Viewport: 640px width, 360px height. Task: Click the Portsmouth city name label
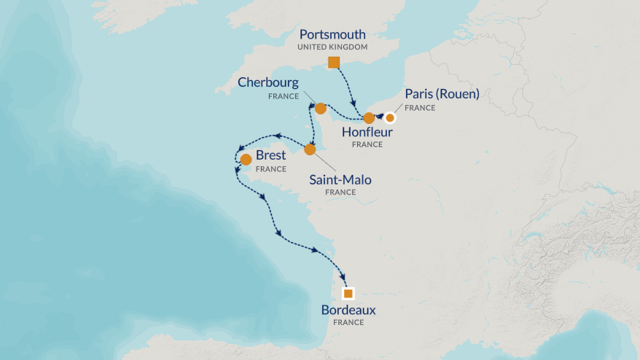[x=332, y=34]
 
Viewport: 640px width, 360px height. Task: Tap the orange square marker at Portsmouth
[x=334, y=62]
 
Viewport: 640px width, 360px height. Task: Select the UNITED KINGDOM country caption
[x=332, y=47]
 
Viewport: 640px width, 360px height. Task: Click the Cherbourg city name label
[x=268, y=82]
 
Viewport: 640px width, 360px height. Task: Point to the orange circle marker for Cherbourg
[x=320, y=109]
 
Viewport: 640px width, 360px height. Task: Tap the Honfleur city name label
[x=367, y=133]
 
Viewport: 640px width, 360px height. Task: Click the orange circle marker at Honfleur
[x=369, y=118]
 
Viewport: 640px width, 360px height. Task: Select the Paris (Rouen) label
[x=442, y=95]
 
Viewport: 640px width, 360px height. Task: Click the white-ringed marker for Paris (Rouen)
[x=390, y=117]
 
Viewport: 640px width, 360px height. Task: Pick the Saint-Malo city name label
[x=340, y=179]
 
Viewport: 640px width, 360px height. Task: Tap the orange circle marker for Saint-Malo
[x=310, y=149]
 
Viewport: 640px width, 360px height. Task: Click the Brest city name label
[x=270, y=156]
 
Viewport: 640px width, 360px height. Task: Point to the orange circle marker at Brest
[x=246, y=159]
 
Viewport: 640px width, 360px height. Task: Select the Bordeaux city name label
[x=348, y=310]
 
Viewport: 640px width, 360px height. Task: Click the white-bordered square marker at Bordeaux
[x=348, y=294]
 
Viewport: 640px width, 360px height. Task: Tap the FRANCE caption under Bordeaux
[x=348, y=322]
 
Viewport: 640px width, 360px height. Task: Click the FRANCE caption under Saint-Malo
[x=340, y=192]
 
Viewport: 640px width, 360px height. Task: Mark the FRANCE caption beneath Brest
[x=270, y=169]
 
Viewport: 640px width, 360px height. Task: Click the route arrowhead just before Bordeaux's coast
[x=316, y=251]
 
